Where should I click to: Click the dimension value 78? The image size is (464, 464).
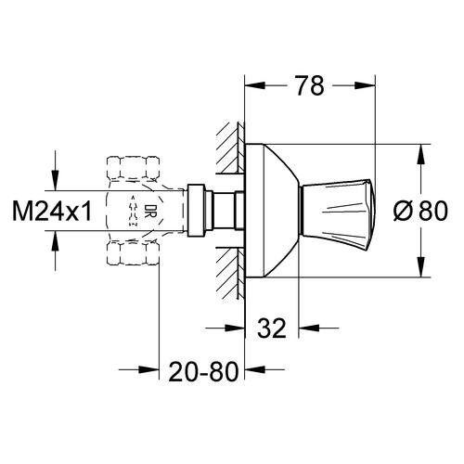click(x=311, y=86)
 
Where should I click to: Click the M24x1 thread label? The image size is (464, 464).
click(x=52, y=212)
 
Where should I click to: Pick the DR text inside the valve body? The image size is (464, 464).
click(x=148, y=212)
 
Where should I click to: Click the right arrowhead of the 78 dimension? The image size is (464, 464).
click(x=371, y=86)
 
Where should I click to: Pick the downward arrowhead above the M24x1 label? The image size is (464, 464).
click(x=57, y=183)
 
